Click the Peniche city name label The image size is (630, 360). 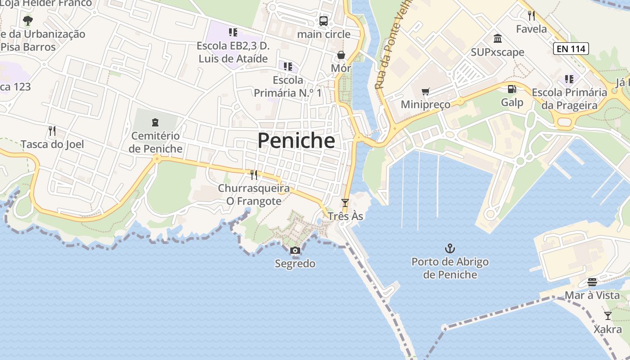pyautogui.click(x=296, y=141)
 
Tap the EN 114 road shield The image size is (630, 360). pyautogui.click(x=571, y=49)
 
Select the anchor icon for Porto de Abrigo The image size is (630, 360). pyautogui.click(x=450, y=248)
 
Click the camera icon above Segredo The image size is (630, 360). pyautogui.click(x=295, y=251)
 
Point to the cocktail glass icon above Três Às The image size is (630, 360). pyautogui.click(x=345, y=203)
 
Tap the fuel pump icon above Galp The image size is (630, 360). pyautogui.click(x=512, y=89)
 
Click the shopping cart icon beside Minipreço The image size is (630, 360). pyautogui.click(x=425, y=92)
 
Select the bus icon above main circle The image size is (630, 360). pyautogui.click(x=324, y=21)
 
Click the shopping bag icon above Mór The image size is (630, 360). pyautogui.click(x=341, y=55)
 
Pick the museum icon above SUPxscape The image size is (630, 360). pyautogui.click(x=498, y=39)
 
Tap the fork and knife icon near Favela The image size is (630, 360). pyautogui.click(x=531, y=16)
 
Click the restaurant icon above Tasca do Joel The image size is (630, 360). pyautogui.click(x=52, y=131)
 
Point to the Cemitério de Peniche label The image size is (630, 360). pyautogui.click(x=156, y=142)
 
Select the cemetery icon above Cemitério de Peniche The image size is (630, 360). pyautogui.click(x=155, y=122)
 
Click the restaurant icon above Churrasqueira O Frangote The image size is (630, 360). pyautogui.click(x=254, y=175)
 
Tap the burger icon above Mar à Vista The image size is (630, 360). pyautogui.click(x=592, y=282)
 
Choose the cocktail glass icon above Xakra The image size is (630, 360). pyautogui.click(x=608, y=315)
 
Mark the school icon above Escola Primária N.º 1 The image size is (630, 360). pyautogui.click(x=288, y=67)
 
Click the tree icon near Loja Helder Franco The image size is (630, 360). pyautogui.click(x=28, y=20)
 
